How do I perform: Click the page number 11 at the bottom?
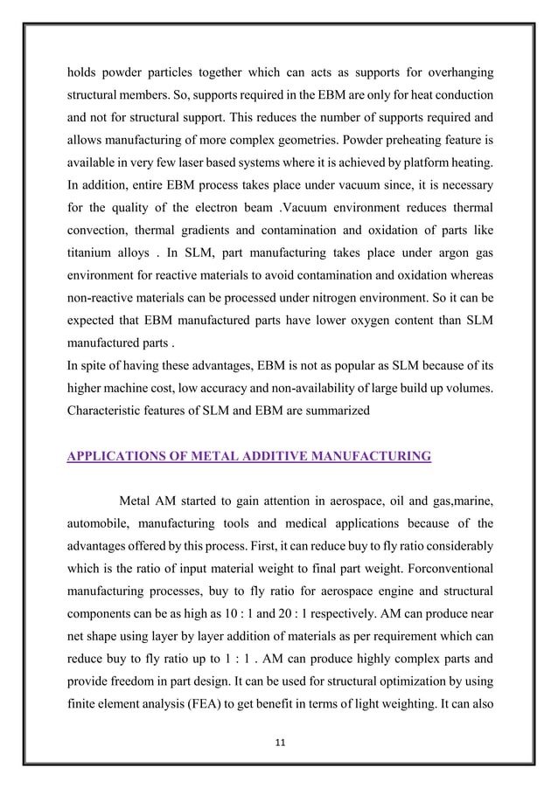(x=280, y=743)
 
